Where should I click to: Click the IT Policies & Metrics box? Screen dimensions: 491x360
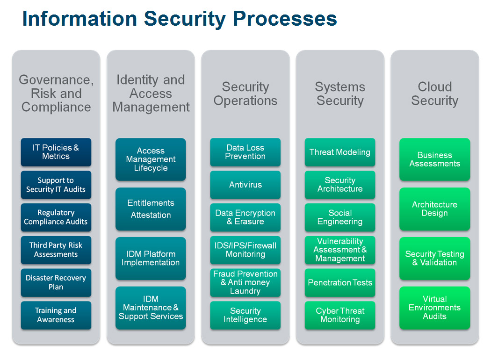pos(56,152)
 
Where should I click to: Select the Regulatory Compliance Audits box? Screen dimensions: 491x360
pos(56,217)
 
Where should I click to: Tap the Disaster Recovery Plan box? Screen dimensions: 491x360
pos(56,282)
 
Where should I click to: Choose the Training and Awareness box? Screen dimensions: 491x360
pos(56,315)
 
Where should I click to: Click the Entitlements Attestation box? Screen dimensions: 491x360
pos(151,209)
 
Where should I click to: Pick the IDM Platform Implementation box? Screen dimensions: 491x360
pos(151,258)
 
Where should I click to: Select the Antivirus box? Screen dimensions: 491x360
pos(245,185)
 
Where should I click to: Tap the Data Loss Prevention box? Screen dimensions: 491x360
pos(245,152)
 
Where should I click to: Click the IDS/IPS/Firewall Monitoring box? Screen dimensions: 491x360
pos(245,250)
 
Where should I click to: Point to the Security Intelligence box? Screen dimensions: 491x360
pos(245,315)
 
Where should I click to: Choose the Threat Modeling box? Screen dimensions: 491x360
pos(340,152)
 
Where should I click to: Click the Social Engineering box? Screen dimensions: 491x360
pos(340,217)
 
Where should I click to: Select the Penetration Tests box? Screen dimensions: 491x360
pos(340,282)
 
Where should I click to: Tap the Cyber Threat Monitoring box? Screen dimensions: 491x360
pos(340,315)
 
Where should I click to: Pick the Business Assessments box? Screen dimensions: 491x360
pos(434,159)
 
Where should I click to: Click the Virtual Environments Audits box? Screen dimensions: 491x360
pos(434,308)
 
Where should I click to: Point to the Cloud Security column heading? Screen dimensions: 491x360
pos(434,94)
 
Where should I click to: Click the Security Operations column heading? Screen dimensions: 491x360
pos(245,94)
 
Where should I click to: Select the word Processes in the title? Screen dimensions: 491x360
pos(285,19)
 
